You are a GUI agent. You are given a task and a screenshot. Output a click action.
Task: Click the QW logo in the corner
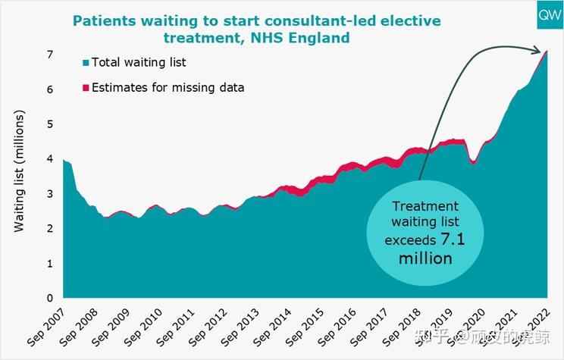coord(544,15)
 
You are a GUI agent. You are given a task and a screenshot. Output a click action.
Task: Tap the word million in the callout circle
coord(425,259)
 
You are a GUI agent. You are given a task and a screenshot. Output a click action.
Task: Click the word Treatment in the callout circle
coord(425,206)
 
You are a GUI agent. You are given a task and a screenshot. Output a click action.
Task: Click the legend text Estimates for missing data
coord(168,87)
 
